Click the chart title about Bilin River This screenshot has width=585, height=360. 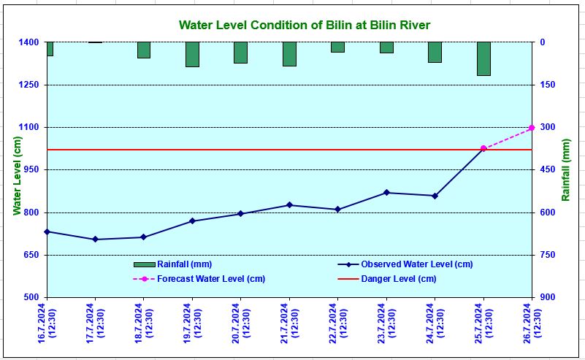pyautogui.click(x=305, y=26)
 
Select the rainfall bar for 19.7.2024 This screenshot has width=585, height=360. pyautogui.click(x=192, y=55)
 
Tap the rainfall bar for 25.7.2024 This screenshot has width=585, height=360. pyautogui.click(x=483, y=58)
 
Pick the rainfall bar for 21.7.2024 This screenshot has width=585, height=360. pyautogui.click(x=289, y=54)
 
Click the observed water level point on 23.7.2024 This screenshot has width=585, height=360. pyautogui.click(x=386, y=193)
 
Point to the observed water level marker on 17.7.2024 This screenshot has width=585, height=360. pyautogui.click(x=95, y=240)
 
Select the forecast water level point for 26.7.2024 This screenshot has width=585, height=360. pyautogui.click(x=532, y=128)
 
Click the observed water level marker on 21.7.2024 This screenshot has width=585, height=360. pyautogui.click(x=289, y=205)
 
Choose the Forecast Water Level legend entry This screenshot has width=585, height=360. pyautogui.click(x=199, y=279)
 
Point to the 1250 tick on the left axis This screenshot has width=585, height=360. pyautogui.click(x=29, y=85)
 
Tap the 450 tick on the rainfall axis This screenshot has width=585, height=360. pyautogui.click(x=548, y=170)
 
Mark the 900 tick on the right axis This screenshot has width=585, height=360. pyautogui.click(x=548, y=297)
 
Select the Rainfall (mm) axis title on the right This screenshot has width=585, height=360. pyautogui.click(x=566, y=170)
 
